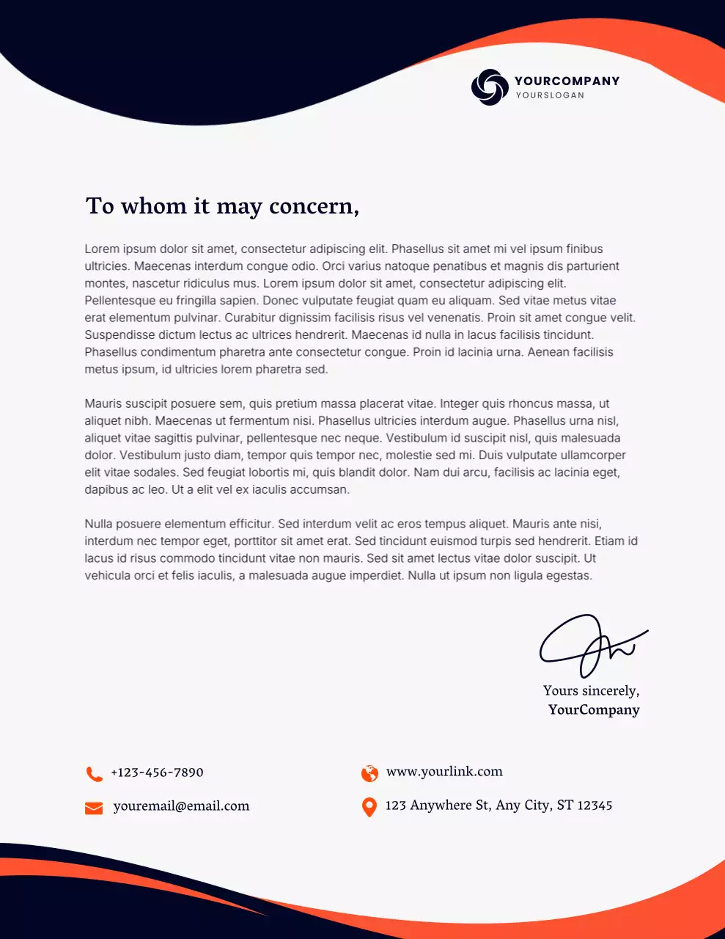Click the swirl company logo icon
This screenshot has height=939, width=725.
point(490,87)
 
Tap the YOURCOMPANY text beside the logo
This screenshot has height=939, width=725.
point(567,81)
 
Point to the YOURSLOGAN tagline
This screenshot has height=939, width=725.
point(550,95)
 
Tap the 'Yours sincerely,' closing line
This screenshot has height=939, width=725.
point(591,690)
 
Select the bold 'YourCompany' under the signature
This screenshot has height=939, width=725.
point(594,709)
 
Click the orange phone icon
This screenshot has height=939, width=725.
point(94,773)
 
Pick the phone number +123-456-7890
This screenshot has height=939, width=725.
point(157,772)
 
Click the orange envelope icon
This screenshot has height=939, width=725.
point(94,808)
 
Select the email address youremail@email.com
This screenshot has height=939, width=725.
point(181,806)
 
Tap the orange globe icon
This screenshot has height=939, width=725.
point(369,773)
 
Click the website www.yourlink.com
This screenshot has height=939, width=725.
point(444,772)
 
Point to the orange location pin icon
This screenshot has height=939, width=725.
point(369,807)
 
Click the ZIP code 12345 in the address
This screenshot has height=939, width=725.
point(595,805)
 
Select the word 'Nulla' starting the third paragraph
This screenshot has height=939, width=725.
point(99,524)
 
